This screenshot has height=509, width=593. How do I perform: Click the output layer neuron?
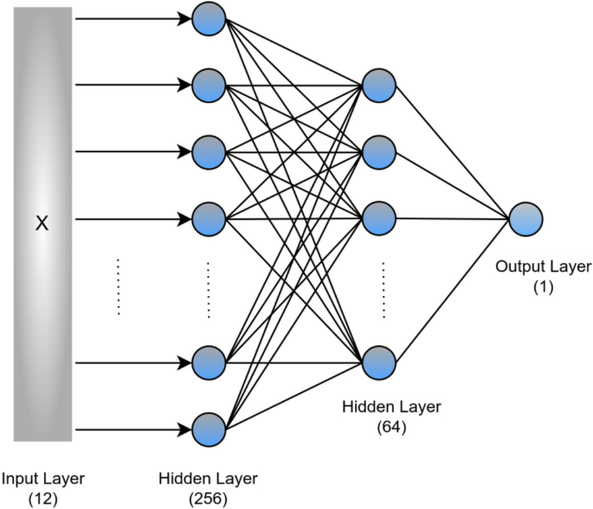[525, 219]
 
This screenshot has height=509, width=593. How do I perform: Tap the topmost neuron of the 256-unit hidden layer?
[209, 18]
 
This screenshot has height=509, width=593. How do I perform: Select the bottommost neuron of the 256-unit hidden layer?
[209, 428]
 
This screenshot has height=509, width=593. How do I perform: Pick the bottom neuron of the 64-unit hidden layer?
[379, 362]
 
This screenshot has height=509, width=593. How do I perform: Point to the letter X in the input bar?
[41, 223]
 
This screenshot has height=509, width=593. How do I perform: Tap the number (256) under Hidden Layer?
[208, 498]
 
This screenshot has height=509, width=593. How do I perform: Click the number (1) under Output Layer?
[544, 285]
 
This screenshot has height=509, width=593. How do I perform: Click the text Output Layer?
[544, 267]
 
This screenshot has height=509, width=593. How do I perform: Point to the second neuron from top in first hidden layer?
[209, 85]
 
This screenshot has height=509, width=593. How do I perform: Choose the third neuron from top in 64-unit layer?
[379, 219]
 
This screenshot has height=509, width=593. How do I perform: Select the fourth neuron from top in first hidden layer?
[209, 219]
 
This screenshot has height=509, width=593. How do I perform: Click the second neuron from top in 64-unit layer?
[379, 152]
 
